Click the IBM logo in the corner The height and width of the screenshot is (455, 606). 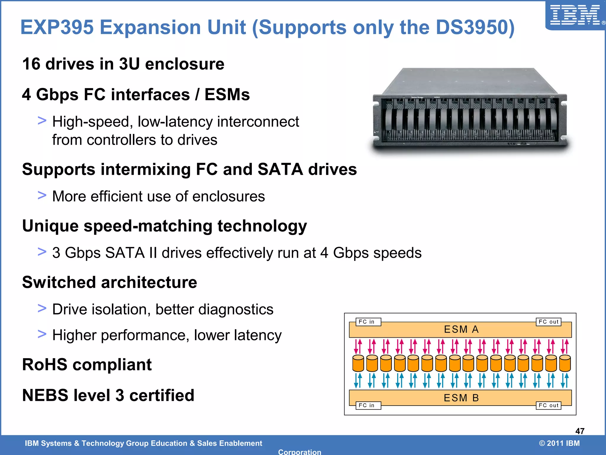coord(576,15)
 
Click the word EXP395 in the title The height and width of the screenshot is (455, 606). coord(57,28)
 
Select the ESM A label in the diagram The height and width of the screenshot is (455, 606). coord(461,329)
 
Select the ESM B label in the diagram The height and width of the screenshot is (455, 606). coord(461,398)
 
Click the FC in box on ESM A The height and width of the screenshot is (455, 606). coord(368,322)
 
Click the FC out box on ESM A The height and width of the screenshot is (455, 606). coord(548,322)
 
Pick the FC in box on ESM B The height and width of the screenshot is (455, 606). coord(368,405)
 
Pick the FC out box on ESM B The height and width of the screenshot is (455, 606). coord(548,405)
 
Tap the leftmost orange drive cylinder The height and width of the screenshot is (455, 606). coord(358,363)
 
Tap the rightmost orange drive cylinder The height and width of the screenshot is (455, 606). coord(565,363)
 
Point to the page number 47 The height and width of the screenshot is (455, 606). coord(580,431)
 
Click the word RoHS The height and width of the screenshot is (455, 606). coord(45,365)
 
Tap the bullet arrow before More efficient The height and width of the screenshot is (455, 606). coord(42,195)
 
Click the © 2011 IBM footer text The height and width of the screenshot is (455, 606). coord(559,443)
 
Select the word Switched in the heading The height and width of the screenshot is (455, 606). coord(59,282)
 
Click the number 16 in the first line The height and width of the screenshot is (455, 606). coord(31,64)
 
